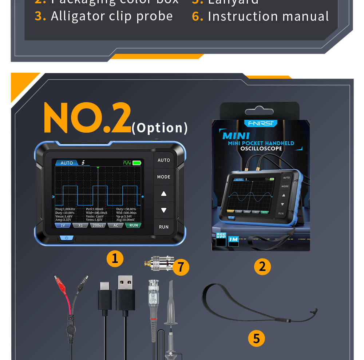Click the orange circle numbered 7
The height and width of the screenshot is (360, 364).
click(x=181, y=267)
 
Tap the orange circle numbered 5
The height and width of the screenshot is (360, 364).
click(x=257, y=339)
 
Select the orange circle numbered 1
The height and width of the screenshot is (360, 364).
click(x=115, y=259)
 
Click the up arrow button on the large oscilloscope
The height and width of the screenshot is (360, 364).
click(x=164, y=194)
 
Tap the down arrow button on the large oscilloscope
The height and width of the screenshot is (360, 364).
click(x=164, y=210)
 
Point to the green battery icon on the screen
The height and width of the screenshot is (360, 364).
click(x=137, y=163)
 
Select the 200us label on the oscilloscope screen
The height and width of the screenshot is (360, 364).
click(x=98, y=225)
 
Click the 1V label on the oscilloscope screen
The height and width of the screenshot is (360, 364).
click(x=63, y=225)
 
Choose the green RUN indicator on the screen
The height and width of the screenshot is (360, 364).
click(x=134, y=225)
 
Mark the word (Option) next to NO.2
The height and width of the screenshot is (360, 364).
click(x=160, y=128)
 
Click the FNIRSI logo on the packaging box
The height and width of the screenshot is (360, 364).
click(x=261, y=123)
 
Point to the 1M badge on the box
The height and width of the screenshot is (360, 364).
click(x=233, y=240)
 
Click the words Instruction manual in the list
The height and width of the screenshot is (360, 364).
click(x=268, y=16)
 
